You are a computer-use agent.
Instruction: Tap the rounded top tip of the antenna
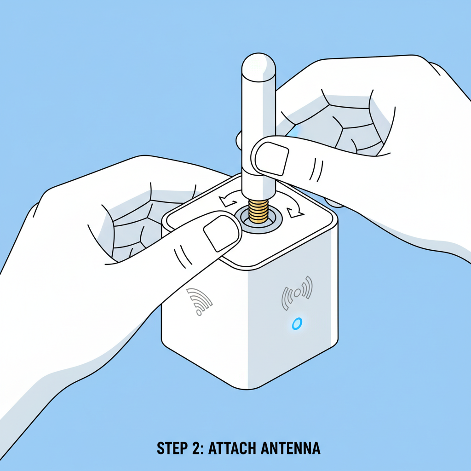(x=258, y=62)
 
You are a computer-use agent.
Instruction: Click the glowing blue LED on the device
(x=297, y=323)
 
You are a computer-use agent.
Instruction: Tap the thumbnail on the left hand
(x=219, y=232)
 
